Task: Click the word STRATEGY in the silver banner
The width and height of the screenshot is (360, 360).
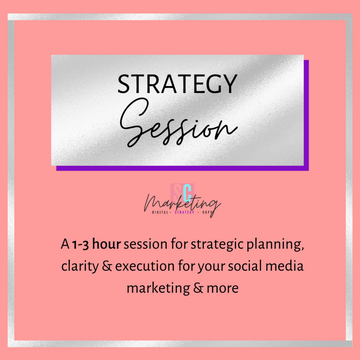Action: [x=177, y=84]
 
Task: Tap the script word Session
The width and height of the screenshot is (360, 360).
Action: [x=179, y=123]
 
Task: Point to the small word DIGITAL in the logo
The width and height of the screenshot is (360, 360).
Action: [x=160, y=212]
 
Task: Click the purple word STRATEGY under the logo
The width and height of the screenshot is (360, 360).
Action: [x=184, y=212]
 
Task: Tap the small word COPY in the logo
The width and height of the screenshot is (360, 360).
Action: [x=207, y=212]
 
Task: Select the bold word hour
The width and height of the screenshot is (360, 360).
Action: [x=106, y=244]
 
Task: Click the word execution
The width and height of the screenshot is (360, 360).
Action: [x=145, y=266]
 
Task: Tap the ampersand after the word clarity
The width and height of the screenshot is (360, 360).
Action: [x=107, y=266]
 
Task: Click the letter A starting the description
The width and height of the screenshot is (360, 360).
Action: [x=65, y=244]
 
